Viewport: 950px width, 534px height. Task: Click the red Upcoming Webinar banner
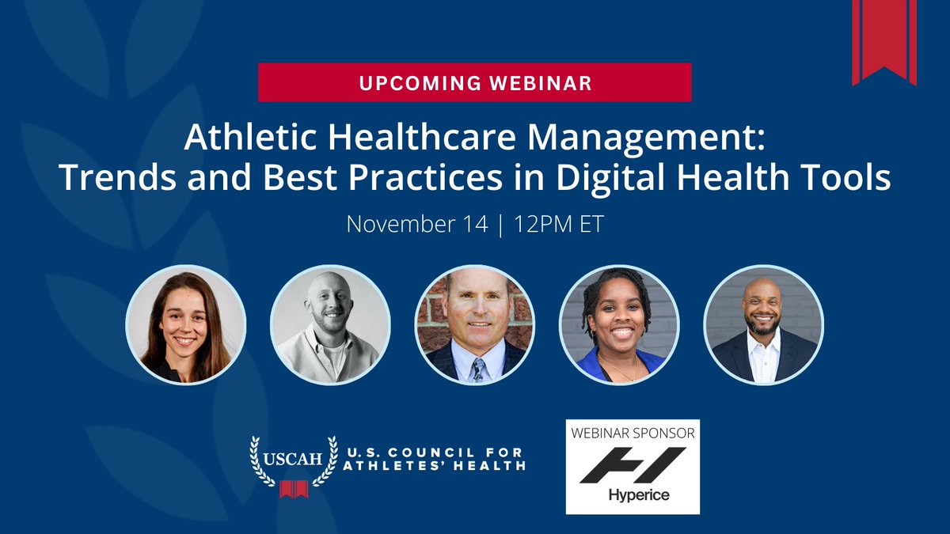[474, 82]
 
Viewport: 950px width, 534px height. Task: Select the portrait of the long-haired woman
[186, 324]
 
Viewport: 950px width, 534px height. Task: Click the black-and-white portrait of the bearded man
[330, 324]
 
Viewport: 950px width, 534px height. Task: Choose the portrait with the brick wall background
[475, 324]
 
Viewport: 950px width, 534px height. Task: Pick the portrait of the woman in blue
[619, 324]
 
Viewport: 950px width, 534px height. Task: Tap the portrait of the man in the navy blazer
[763, 324]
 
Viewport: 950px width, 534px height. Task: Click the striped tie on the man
[477, 369]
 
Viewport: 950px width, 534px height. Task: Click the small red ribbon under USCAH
[294, 490]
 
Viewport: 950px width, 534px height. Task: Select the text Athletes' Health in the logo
[434, 466]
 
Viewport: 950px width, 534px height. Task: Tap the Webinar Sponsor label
[632, 434]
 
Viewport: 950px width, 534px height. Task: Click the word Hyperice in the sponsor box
[632, 496]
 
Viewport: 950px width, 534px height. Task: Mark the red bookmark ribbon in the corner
[884, 40]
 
